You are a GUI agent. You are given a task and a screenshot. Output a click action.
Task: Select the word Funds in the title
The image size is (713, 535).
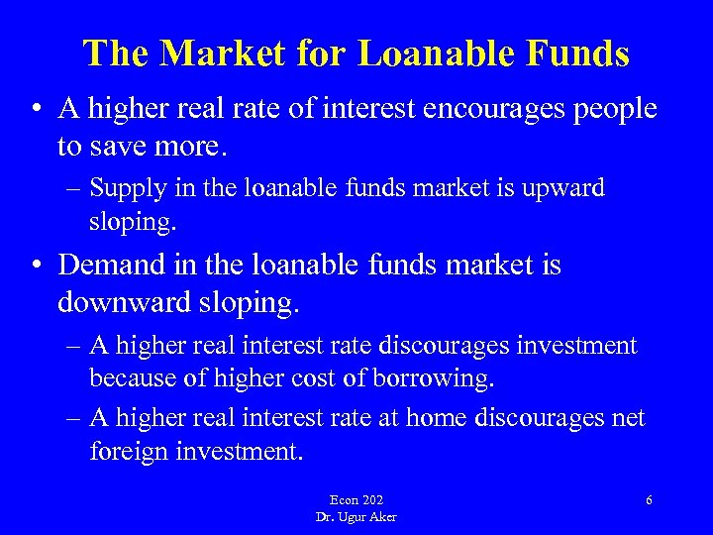(x=573, y=53)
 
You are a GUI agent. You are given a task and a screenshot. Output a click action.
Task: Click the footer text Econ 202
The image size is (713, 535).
(x=356, y=500)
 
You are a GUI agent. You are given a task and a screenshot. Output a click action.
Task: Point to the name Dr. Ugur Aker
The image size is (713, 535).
(x=356, y=516)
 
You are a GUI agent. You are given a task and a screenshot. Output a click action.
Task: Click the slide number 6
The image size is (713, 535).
(x=649, y=500)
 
